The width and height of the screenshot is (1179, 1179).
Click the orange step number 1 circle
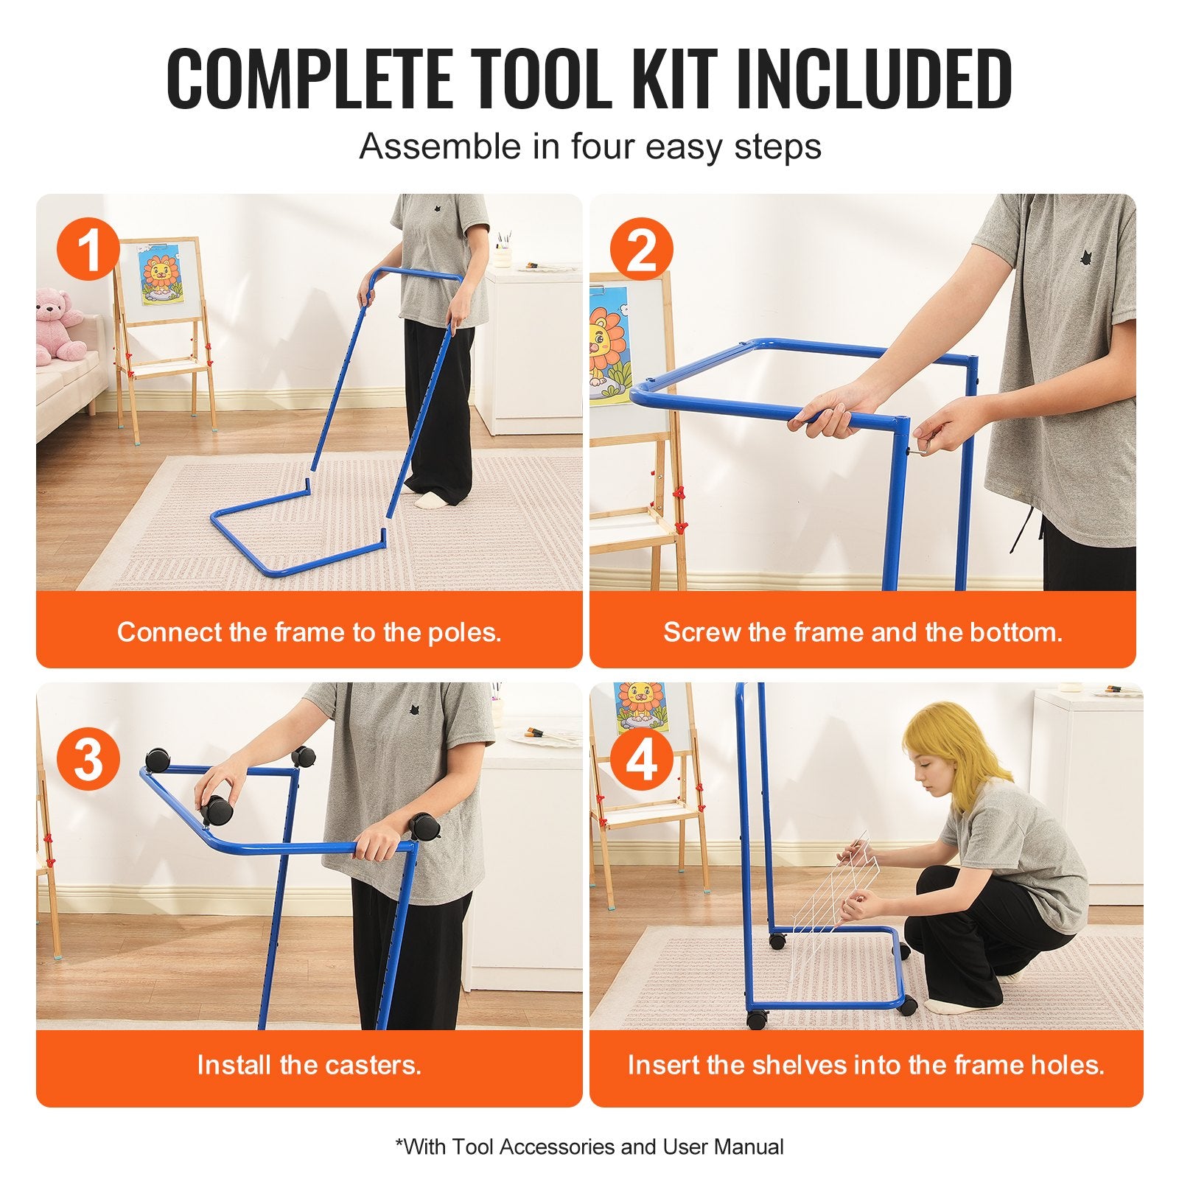click(88, 250)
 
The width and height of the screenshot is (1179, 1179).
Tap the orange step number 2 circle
click(641, 250)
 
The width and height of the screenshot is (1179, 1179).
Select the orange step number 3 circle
click(88, 760)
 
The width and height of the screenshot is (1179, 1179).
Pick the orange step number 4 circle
click(641, 760)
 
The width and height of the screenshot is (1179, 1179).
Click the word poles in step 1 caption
click(465, 632)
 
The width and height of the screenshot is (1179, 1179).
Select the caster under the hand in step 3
click(217, 809)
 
